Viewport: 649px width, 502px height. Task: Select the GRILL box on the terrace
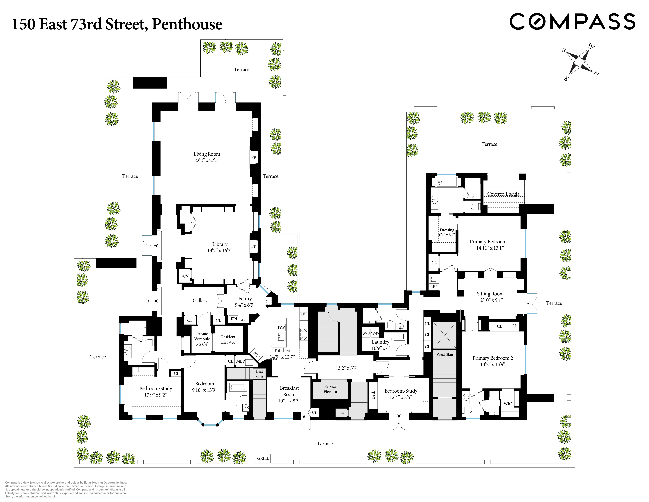(263, 458)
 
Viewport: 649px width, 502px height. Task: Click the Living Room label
(207, 154)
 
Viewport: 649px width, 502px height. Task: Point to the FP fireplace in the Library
(253, 246)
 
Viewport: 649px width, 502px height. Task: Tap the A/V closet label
(185, 276)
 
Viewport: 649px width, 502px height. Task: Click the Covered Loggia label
(503, 194)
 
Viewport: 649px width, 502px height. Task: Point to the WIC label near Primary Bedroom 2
(508, 404)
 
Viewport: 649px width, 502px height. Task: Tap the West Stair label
(445, 354)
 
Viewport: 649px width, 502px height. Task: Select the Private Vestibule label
(202, 336)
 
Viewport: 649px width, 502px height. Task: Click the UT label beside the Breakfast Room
(314, 412)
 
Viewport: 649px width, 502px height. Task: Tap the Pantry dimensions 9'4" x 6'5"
(245, 305)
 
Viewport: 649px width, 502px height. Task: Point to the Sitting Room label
(490, 294)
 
